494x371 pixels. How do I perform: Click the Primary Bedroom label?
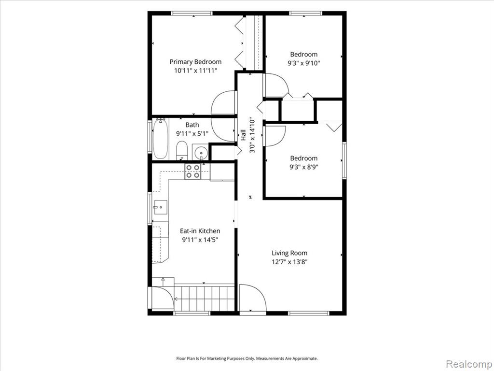195,62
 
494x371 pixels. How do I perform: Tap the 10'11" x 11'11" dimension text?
196,71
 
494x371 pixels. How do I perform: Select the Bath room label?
192,125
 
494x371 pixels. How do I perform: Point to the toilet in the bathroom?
181,151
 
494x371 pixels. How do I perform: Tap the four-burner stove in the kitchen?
192,171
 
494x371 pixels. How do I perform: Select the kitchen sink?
160,207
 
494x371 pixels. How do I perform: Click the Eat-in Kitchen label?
200,231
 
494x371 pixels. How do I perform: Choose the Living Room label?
289,253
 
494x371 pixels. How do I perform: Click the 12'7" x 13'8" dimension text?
289,262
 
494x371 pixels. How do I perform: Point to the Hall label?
243,135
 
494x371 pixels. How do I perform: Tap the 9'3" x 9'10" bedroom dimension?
304,63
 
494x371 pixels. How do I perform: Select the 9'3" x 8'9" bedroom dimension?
304,167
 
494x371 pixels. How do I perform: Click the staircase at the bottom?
205,298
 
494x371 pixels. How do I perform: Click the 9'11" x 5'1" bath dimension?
192,134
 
